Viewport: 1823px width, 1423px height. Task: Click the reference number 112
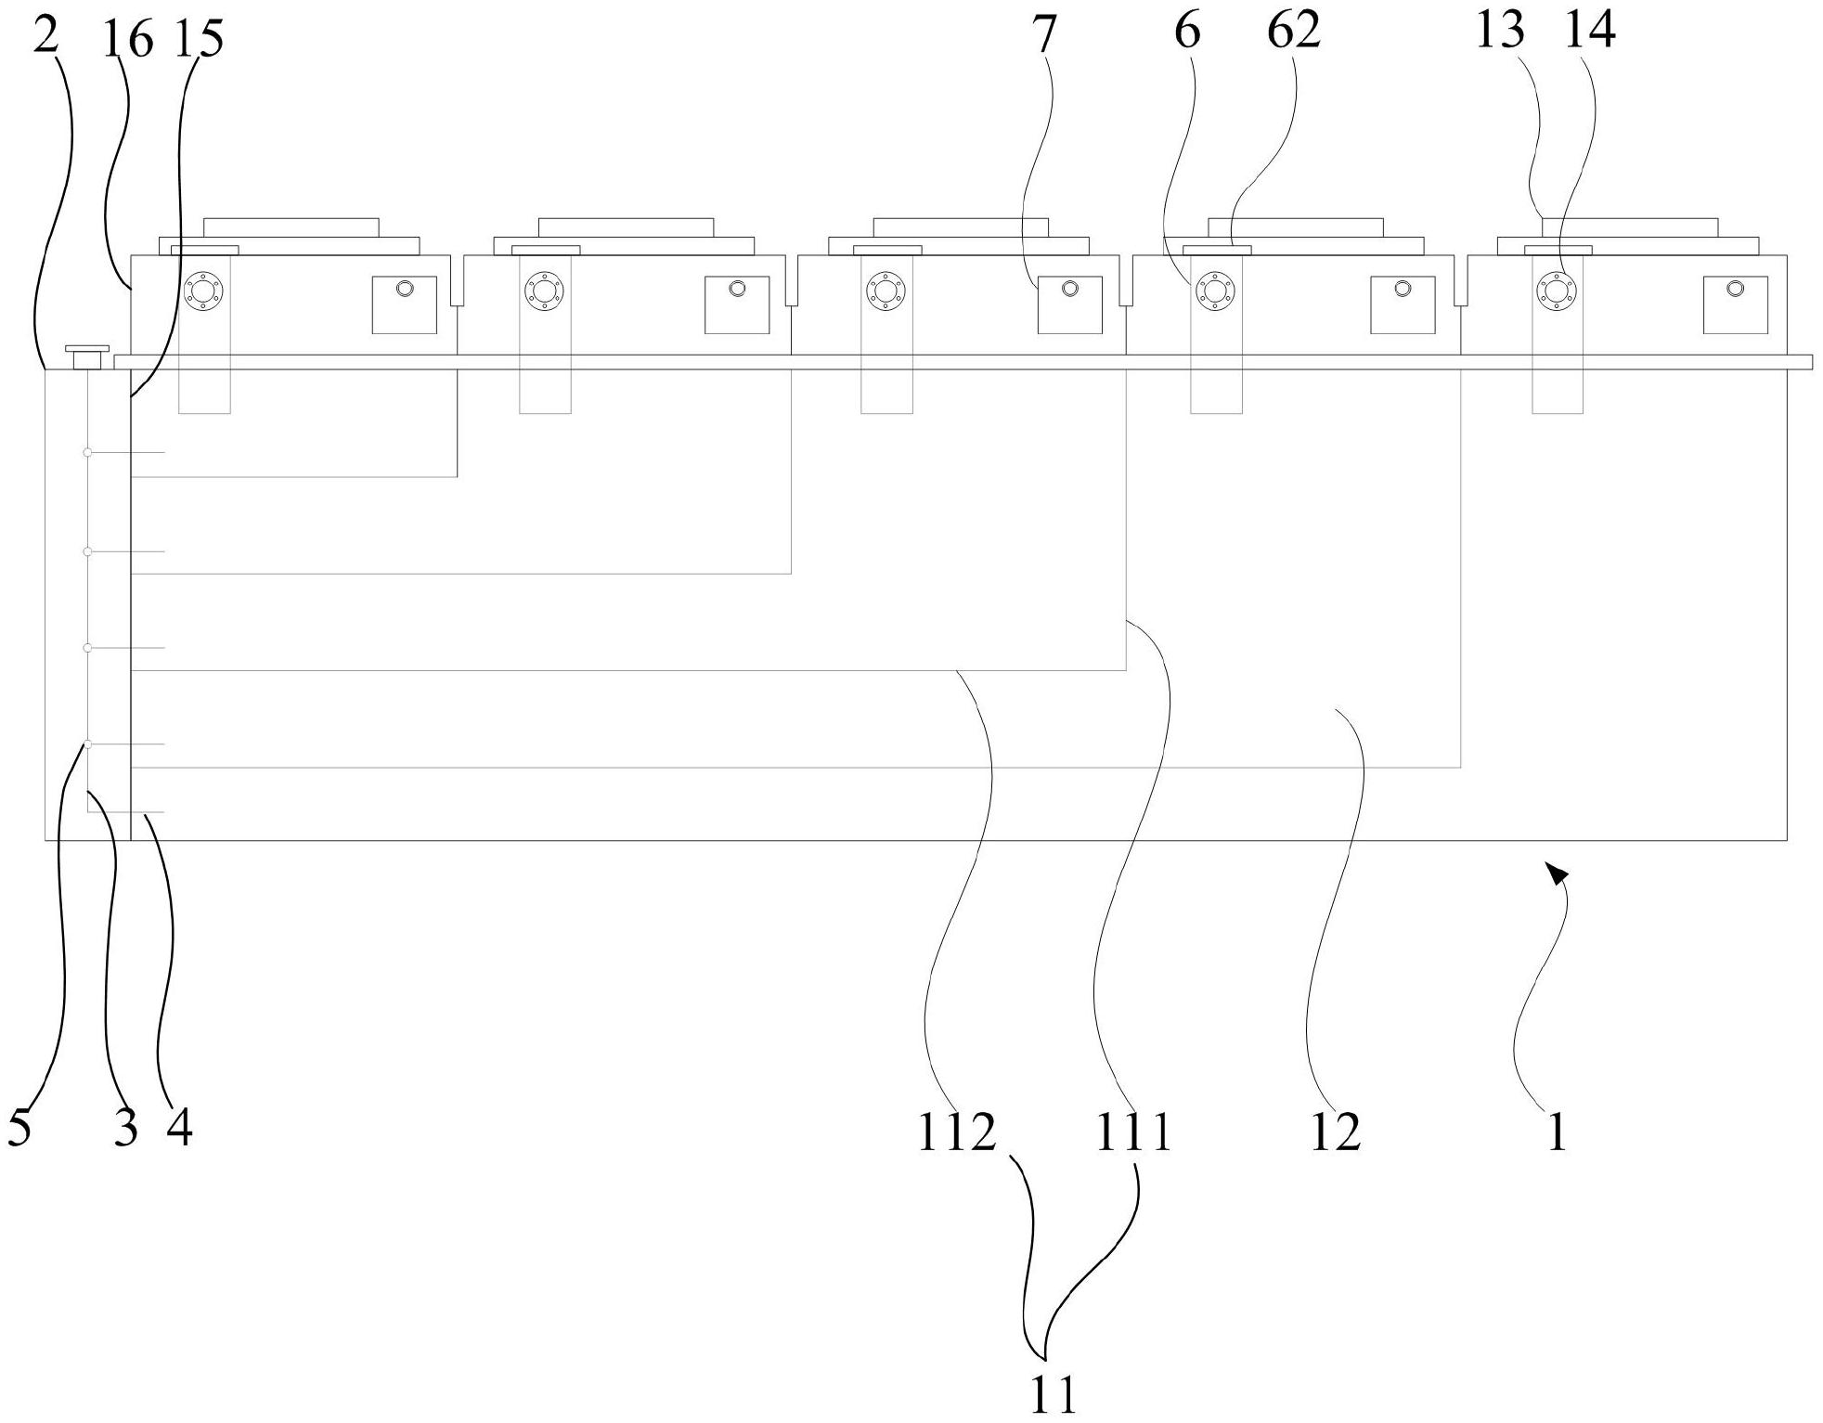[x=956, y=1132]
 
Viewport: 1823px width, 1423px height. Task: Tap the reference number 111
[x=1134, y=1132]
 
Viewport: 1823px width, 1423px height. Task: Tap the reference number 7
[x=1045, y=34]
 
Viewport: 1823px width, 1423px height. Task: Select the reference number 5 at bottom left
[x=19, y=1127]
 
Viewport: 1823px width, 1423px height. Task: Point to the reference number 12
[x=1335, y=1132]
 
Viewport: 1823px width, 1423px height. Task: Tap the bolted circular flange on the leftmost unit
[x=204, y=291]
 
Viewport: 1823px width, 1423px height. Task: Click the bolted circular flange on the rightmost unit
[x=1557, y=291]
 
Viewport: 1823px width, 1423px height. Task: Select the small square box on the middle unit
[x=1069, y=304]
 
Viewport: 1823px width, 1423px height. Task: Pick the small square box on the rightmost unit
[x=1735, y=304]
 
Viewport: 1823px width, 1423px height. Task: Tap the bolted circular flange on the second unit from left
[x=545, y=291]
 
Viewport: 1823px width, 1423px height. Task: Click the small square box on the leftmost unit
[x=404, y=304]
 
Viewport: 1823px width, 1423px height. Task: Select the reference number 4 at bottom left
[x=180, y=1127]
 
